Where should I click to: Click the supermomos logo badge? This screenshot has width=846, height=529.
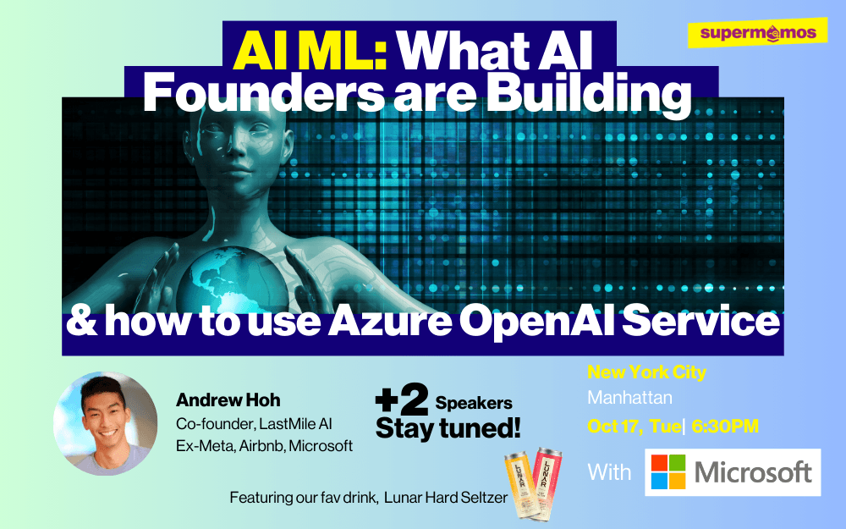(x=757, y=33)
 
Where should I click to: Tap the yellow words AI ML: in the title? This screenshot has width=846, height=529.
(x=310, y=52)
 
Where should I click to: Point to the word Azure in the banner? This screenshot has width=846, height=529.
(x=390, y=321)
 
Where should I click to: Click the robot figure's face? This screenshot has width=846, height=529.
(x=236, y=146)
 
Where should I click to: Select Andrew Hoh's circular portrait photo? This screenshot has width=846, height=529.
(x=106, y=423)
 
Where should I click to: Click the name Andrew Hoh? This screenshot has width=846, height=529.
(x=228, y=400)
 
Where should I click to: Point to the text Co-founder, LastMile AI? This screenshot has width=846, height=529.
(x=254, y=424)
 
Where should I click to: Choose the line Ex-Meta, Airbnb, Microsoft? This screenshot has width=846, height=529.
(x=264, y=446)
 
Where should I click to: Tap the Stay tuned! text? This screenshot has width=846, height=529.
(x=448, y=428)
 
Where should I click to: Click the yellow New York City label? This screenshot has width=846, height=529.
(x=646, y=372)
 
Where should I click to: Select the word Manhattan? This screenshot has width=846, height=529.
(x=629, y=398)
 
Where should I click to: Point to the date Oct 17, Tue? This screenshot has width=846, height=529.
(x=634, y=427)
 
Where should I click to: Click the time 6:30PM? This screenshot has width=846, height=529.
(x=725, y=427)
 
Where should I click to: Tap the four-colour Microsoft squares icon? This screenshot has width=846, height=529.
(x=668, y=471)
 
